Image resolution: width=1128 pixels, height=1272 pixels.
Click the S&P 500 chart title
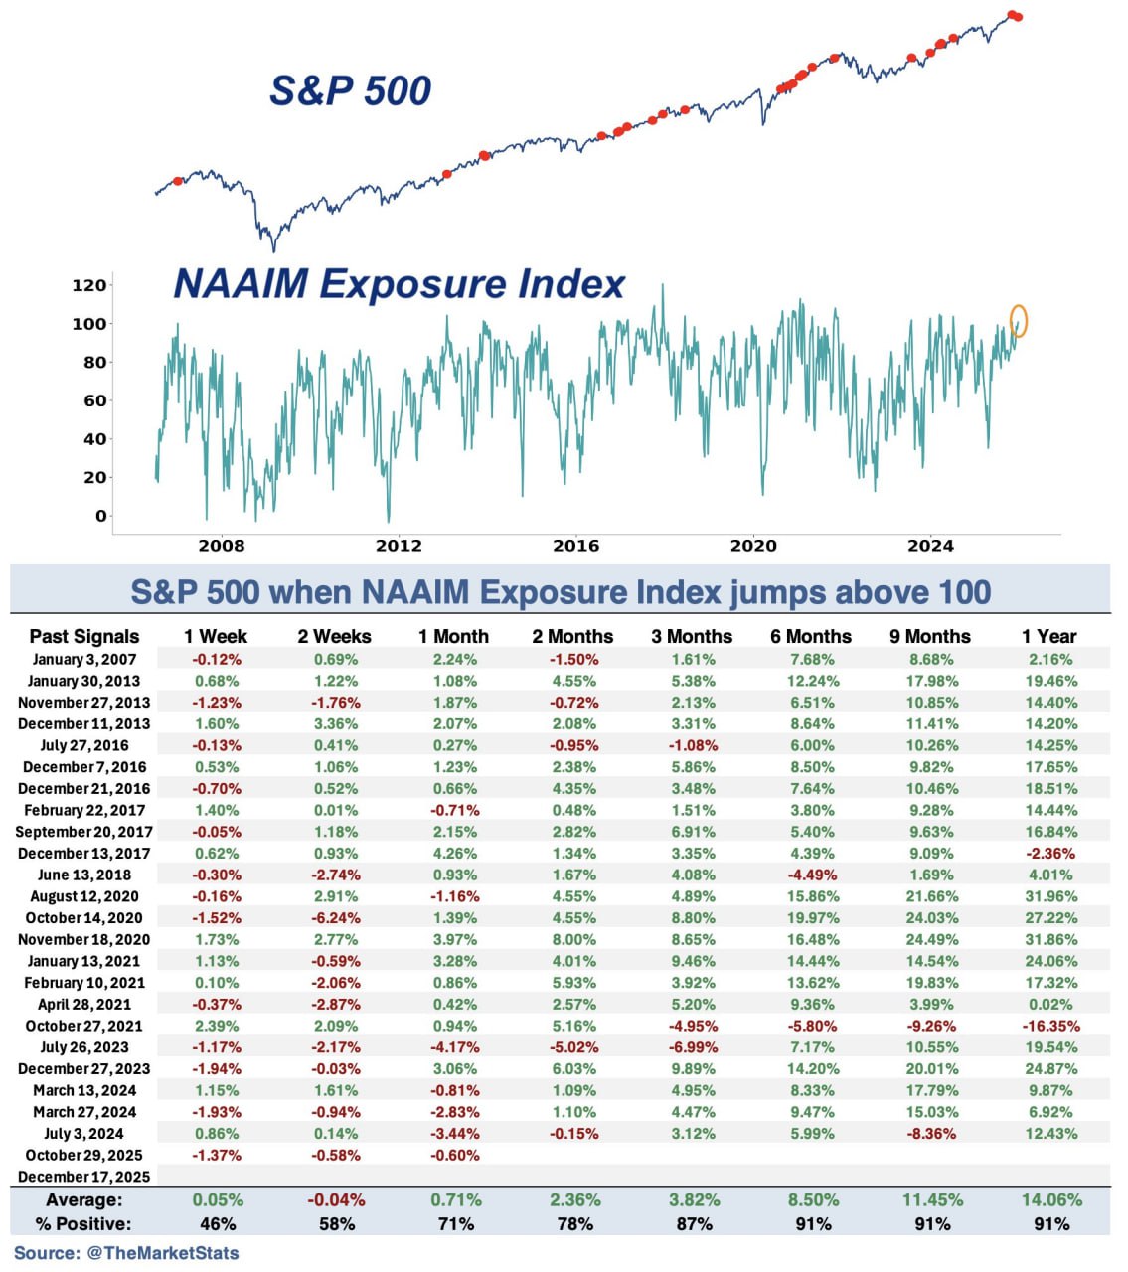point(350,90)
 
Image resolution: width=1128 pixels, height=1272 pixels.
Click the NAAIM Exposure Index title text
point(399,284)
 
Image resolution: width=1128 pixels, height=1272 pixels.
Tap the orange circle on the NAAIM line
point(1018,321)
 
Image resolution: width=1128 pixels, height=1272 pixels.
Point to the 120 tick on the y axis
point(89,285)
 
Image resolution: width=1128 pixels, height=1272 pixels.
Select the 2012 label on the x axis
point(399,546)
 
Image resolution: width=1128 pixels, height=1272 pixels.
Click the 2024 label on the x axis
point(930,546)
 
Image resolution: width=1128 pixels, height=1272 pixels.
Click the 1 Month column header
point(453,636)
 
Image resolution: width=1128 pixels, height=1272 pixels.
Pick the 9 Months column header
point(931,636)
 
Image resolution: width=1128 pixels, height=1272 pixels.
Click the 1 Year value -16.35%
point(1050,1026)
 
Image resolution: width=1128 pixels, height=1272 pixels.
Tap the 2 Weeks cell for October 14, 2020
point(336,918)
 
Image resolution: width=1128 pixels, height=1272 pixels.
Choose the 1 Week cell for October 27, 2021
point(217,1026)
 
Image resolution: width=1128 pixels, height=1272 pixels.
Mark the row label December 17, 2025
point(83,1177)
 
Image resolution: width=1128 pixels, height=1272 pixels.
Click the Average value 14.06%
point(1051,1200)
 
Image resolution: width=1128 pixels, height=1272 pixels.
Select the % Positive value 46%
point(218,1224)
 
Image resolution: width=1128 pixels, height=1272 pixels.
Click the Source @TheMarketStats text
point(126,1253)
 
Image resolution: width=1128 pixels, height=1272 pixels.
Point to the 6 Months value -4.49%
point(812,874)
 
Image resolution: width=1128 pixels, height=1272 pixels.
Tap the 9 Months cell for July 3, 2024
point(931,1133)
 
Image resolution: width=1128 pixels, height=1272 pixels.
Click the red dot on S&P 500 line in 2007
point(178,181)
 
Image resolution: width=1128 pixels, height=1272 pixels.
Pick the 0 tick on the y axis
point(100,516)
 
